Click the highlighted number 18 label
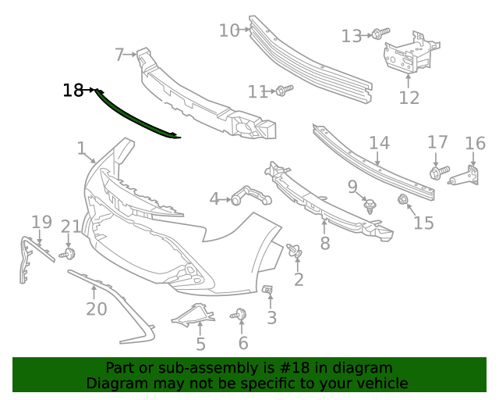pyautogui.click(x=73, y=91)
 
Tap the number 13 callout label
pyautogui.click(x=352, y=36)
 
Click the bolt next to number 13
pyautogui.click(x=380, y=33)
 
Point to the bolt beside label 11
pyautogui.click(x=283, y=91)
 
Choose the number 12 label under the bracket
pyautogui.click(x=409, y=97)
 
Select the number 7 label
pyautogui.click(x=119, y=55)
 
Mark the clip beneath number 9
pyautogui.click(x=370, y=207)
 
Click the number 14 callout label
pyautogui.click(x=379, y=143)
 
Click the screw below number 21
pyautogui.click(x=68, y=254)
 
